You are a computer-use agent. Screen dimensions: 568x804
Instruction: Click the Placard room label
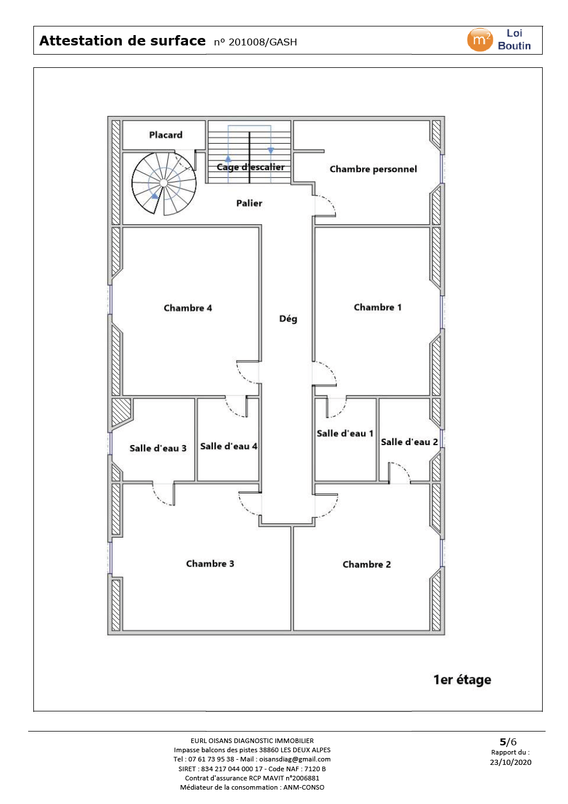pos(166,135)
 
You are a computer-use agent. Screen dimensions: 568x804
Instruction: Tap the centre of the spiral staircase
pos(164,183)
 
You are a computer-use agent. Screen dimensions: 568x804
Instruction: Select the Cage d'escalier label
pos(251,167)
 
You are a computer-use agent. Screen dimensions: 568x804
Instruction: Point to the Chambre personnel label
pos(373,169)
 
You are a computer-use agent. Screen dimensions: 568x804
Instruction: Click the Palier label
pos(249,203)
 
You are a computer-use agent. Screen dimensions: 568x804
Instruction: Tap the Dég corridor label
pos(288,319)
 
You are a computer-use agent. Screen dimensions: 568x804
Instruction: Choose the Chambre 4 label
pos(187,308)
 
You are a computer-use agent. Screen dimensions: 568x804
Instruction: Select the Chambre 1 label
pos(378,307)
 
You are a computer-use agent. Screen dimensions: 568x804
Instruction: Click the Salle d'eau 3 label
pos(158,448)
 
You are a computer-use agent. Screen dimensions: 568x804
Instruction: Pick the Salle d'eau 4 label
pos(229,446)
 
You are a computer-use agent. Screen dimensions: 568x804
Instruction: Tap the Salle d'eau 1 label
pos(345,433)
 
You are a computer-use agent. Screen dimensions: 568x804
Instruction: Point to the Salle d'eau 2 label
pos(409,442)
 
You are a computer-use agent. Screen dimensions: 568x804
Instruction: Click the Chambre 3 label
pos(210,564)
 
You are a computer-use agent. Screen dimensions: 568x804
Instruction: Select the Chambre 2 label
pos(366,564)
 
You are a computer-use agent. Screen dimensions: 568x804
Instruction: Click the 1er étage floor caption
pos(462,679)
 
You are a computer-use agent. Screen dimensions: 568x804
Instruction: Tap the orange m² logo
pos(479,40)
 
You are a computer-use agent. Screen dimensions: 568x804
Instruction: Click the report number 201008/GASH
pos(263,43)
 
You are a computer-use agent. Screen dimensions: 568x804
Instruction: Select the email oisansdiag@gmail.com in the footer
pos(295,759)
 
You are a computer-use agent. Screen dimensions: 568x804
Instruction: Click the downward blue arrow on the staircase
pos(271,151)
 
